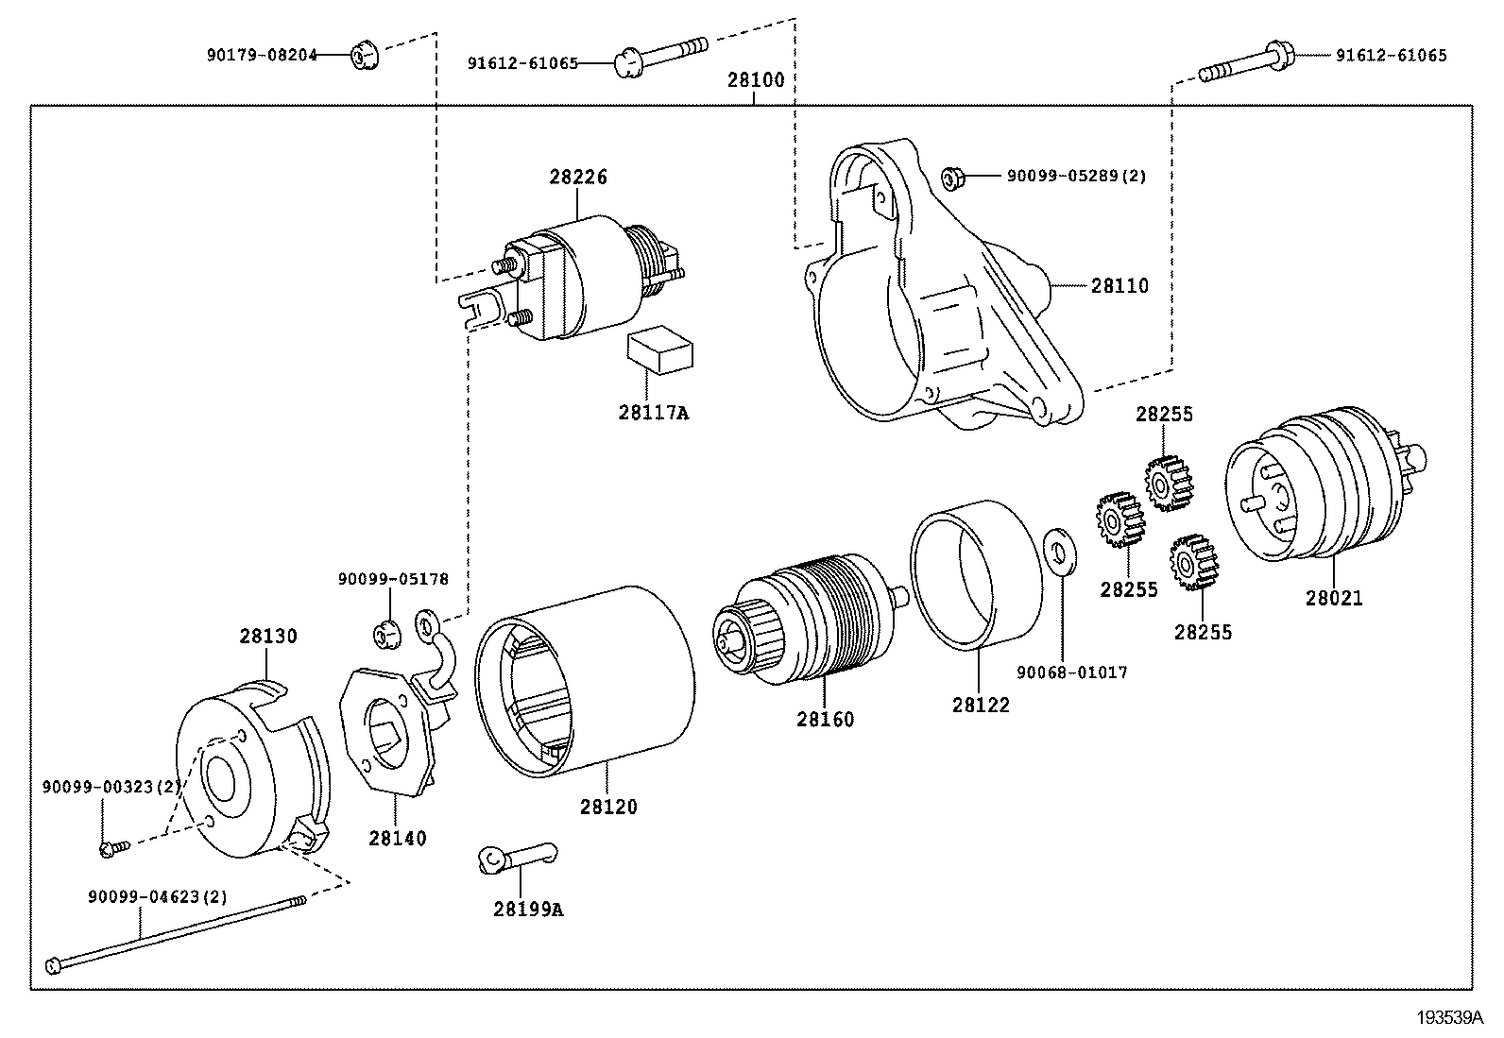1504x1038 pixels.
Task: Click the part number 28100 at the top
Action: click(755, 80)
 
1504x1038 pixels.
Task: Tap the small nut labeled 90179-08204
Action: click(363, 56)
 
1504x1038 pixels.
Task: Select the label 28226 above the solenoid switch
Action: click(578, 177)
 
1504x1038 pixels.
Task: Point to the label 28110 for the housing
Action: click(1119, 285)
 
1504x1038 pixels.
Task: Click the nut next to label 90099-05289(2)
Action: click(951, 177)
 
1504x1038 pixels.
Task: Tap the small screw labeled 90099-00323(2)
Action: click(108, 849)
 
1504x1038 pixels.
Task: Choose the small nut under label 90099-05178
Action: click(385, 633)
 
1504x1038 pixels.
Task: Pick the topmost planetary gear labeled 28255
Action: click(1169, 483)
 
